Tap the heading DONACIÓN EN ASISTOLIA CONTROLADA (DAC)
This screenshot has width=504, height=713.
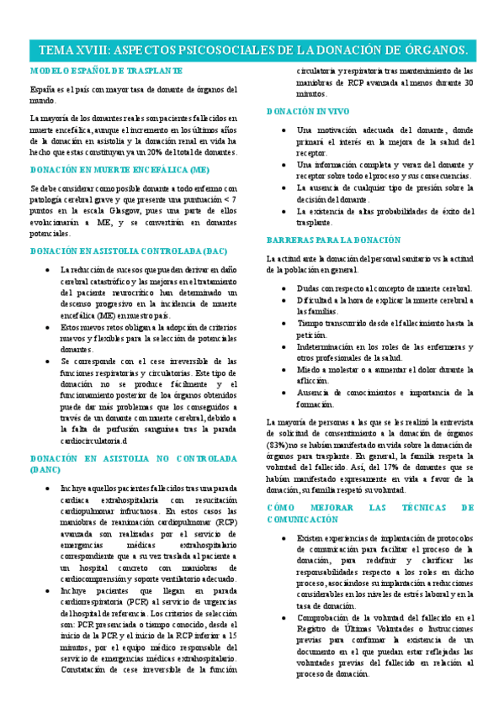click(x=127, y=251)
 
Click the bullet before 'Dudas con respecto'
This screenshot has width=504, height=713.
click(x=284, y=288)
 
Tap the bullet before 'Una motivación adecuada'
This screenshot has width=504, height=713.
click(x=284, y=130)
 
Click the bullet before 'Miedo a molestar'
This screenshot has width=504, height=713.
click(x=284, y=369)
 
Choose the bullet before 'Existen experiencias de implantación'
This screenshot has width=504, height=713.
click(x=284, y=538)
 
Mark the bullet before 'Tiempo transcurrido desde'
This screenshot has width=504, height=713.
click(x=284, y=323)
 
